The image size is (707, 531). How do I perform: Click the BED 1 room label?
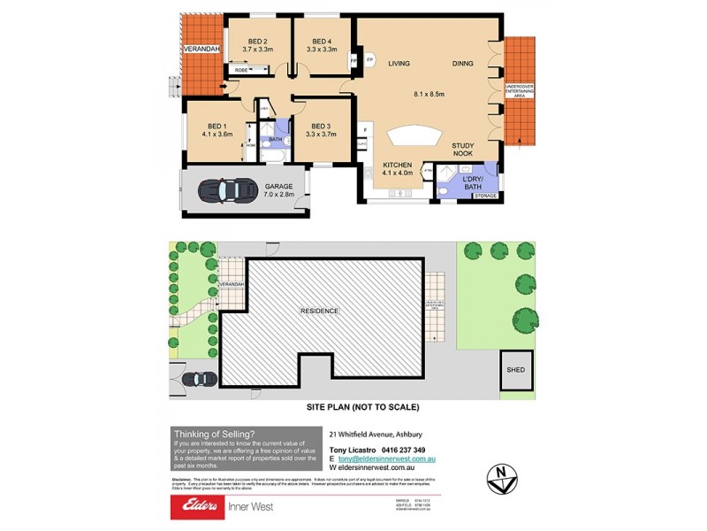[217, 126]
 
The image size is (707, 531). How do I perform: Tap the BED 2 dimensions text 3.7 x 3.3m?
[257, 50]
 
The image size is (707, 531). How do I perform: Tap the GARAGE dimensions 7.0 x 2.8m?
[279, 195]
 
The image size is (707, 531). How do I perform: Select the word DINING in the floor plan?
[464, 63]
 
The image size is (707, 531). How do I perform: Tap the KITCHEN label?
[398, 165]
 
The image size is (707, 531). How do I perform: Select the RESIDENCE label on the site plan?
[320, 311]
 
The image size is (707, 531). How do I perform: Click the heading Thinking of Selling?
[215, 434]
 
